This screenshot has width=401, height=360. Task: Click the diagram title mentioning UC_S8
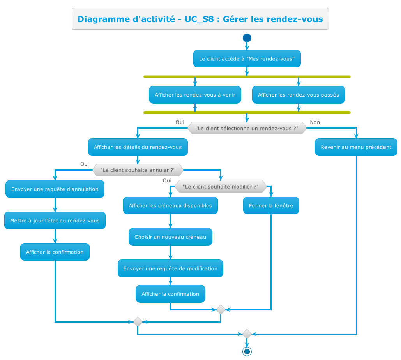(x=200, y=19)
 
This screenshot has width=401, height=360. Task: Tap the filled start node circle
(x=247, y=38)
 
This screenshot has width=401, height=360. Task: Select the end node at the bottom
(x=247, y=351)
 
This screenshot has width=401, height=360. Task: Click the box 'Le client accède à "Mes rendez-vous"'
(x=247, y=59)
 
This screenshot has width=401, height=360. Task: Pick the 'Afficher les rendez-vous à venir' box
(x=195, y=95)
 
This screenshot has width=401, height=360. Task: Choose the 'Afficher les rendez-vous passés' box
(x=299, y=95)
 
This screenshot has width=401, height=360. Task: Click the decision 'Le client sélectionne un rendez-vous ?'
(x=247, y=128)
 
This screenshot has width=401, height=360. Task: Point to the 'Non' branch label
(x=314, y=122)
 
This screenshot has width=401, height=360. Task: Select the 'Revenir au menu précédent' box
(x=356, y=147)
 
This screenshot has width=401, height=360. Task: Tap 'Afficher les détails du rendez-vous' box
(x=138, y=147)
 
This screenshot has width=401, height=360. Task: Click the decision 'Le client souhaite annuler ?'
(x=138, y=170)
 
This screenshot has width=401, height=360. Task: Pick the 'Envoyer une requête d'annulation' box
(x=55, y=189)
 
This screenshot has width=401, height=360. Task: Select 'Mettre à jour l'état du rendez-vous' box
(x=55, y=221)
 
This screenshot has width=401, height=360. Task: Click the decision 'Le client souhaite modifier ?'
(x=221, y=187)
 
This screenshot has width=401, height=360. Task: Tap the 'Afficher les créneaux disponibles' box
(x=170, y=205)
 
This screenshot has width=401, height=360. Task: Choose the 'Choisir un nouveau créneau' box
(x=170, y=237)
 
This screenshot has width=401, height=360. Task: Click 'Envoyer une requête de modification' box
(x=170, y=268)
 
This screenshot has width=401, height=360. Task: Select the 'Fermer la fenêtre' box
(x=271, y=205)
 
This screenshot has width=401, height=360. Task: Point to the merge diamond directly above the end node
(x=247, y=334)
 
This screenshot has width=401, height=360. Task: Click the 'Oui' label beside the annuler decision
(x=85, y=164)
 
